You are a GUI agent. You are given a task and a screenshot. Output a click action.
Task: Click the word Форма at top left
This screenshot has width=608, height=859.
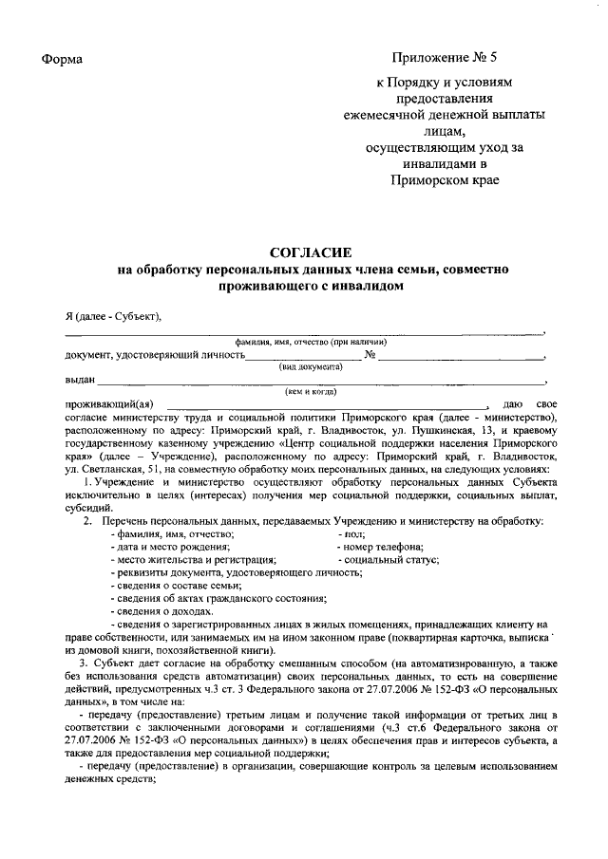(63, 61)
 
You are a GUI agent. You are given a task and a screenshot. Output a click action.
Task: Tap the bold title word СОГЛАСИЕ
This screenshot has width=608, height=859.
(312, 252)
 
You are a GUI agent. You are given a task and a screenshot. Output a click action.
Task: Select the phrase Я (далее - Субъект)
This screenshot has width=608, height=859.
(107, 316)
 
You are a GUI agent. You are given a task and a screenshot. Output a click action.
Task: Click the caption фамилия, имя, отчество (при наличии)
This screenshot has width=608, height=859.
(311, 342)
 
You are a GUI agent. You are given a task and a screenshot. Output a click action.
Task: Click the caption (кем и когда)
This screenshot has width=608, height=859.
(311, 391)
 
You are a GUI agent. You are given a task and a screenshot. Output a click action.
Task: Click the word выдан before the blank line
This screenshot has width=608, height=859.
(80, 380)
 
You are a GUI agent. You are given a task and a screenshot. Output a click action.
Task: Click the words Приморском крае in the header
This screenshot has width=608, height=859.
(444, 179)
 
